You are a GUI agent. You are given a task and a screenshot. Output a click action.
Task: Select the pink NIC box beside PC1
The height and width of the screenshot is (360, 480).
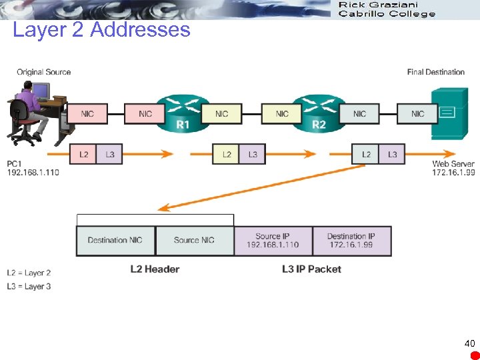(87, 113)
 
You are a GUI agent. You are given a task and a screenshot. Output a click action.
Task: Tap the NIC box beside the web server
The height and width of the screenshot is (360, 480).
(418, 113)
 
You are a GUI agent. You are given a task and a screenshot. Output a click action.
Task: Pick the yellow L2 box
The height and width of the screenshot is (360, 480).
(227, 155)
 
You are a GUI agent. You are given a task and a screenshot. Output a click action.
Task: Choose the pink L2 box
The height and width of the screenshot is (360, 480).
(83, 155)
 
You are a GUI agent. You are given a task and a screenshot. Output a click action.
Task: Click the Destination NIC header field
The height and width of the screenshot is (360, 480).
(115, 241)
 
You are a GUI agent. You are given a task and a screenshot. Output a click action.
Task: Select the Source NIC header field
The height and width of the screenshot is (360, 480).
(194, 241)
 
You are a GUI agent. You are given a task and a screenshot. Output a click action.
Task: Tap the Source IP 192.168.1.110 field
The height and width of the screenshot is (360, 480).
(273, 241)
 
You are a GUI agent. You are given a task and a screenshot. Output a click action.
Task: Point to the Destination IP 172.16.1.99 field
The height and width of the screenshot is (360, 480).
(351, 241)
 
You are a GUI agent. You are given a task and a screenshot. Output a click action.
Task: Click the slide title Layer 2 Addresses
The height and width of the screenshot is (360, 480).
(101, 30)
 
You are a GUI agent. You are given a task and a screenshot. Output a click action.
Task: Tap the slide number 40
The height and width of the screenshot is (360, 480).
(469, 343)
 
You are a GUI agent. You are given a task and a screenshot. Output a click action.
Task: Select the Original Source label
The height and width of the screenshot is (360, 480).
(43, 72)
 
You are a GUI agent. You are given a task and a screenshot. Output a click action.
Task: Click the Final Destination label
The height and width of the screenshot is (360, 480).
(435, 72)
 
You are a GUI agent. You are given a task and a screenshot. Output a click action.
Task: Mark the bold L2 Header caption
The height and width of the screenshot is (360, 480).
(155, 269)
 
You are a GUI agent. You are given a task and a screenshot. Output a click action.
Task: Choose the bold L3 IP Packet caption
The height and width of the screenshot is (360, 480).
(311, 269)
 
